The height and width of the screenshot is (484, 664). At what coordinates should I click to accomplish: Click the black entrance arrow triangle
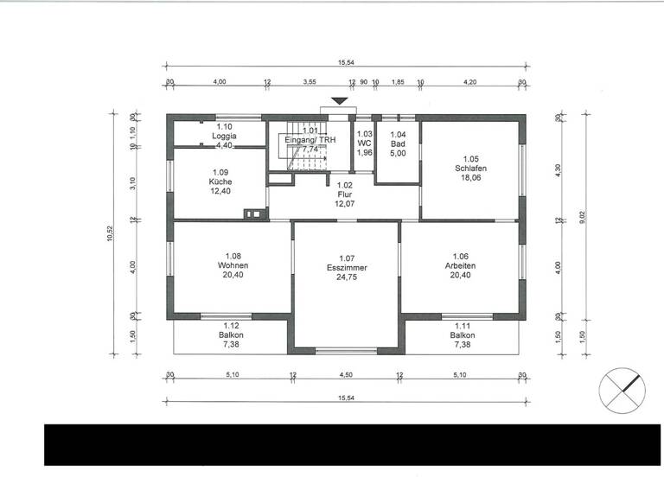(340, 102)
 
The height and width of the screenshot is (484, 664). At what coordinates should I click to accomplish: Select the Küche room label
(220, 182)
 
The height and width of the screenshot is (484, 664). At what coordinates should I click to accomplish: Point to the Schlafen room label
(470, 169)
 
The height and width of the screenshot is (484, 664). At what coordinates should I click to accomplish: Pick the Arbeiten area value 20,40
(460, 277)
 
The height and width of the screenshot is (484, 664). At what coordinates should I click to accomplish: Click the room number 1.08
(233, 256)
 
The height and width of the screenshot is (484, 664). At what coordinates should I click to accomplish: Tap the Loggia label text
(224, 137)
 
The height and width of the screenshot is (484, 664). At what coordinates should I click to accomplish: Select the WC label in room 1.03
(364, 143)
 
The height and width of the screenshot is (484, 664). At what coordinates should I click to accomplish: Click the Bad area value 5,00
(398, 153)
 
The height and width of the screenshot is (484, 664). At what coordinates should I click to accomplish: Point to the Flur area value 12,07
(345, 205)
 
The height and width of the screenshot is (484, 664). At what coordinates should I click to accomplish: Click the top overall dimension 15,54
(345, 62)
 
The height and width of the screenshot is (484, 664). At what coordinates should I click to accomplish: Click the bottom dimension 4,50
(346, 375)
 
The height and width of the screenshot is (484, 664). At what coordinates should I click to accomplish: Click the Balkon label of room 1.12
(231, 335)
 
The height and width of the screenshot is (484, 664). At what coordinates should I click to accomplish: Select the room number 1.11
(462, 325)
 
